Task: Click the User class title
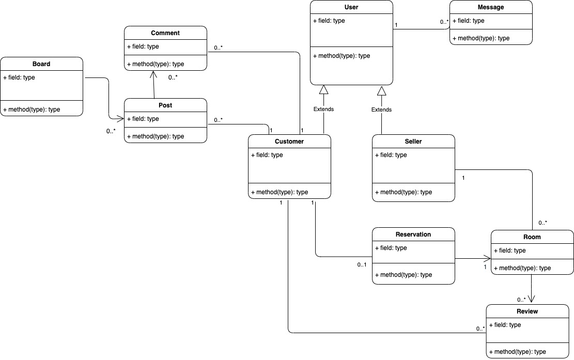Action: [351, 7]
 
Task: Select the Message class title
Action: [490, 7]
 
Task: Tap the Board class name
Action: [41, 64]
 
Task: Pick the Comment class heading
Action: [165, 33]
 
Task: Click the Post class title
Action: [165, 105]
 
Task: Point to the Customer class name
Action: [289, 141]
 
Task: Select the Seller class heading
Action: [413, 141]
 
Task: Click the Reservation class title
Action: [413, 234]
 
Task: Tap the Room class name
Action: [532, 237]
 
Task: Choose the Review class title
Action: [527, 311]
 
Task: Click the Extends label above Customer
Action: [324, 109]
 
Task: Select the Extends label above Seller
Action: [381, 109]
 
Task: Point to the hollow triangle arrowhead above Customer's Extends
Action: [323, 89]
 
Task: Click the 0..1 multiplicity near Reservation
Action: [362, 264]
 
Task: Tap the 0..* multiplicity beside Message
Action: [444, 22]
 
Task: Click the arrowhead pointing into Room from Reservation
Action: [487, 258]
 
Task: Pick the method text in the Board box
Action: [32, 109]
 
